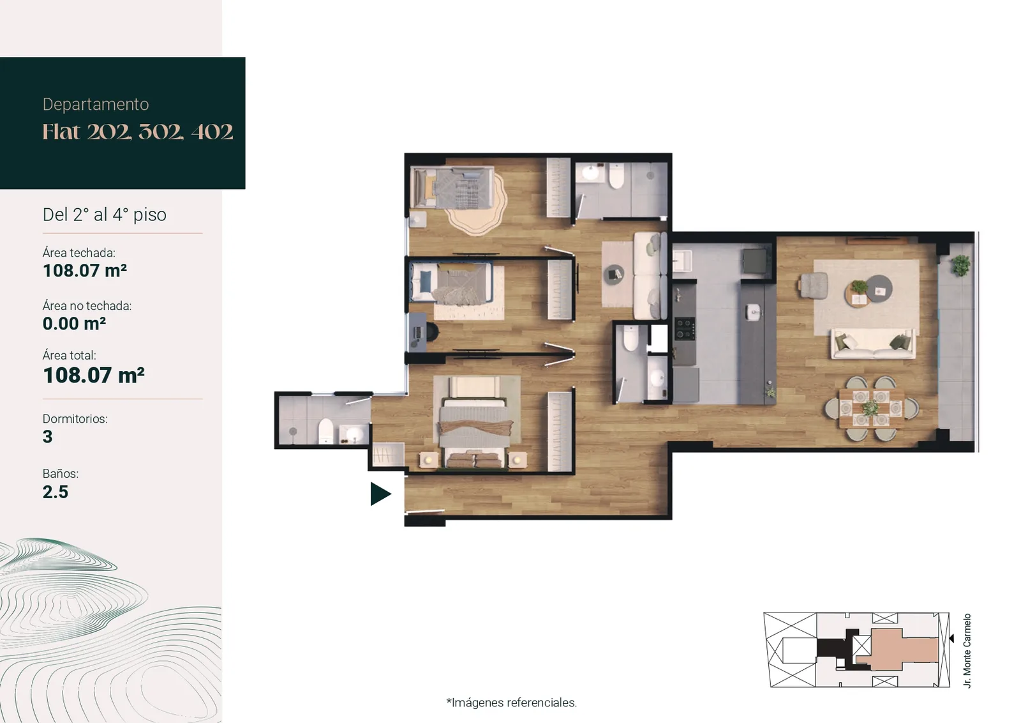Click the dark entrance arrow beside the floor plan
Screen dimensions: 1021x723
380,494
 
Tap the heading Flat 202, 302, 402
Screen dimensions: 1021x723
138,132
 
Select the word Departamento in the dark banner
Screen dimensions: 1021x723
96,105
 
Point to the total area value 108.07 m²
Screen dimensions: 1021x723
93,376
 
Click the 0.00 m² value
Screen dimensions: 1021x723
74,323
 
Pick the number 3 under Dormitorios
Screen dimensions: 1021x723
47,436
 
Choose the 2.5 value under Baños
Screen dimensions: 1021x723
55,492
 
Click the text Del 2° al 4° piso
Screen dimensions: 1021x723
105,215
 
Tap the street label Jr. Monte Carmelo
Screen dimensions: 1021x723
967,650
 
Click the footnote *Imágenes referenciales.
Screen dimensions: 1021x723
511,703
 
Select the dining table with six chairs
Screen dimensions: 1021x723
871,407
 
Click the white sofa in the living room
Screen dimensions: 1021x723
873,344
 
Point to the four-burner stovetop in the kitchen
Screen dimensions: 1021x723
684,328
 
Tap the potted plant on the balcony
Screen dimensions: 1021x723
961,265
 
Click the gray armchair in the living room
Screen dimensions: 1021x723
813,285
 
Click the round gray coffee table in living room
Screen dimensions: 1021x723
879,288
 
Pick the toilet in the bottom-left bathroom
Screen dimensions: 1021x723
325,430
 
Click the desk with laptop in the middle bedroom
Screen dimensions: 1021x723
418,331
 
